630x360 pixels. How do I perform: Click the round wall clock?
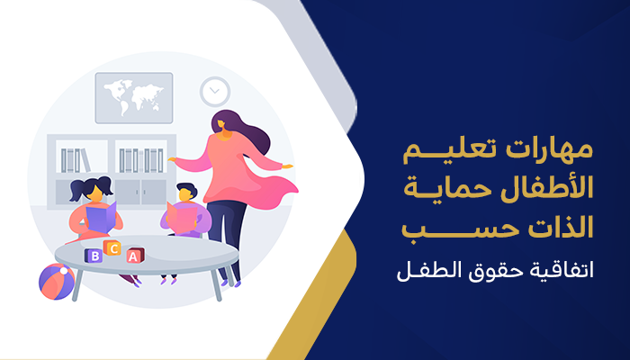tap(214, 91)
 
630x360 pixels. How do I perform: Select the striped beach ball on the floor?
tap(56, 281)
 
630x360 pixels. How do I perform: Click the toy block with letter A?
tap(134, 256)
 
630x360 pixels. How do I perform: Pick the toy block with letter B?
tap(93, 256)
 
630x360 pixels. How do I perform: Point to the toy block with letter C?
tap(112, 247)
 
